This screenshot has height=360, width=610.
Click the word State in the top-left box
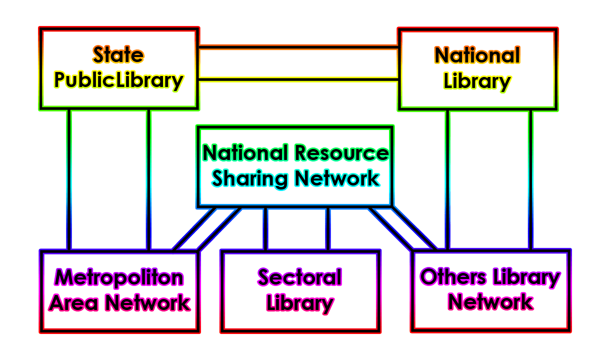tap(118, 54)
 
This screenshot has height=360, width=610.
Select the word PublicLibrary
tap(119, 80)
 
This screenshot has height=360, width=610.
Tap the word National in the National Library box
tap(477, 55)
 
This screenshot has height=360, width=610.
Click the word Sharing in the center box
tap(249, 178)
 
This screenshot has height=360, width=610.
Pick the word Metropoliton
tap(119, 277)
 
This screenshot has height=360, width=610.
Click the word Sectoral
tap(299, 277)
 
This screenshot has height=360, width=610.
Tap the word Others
tap(452, 277)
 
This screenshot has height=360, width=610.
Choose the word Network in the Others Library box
tap(490, 302)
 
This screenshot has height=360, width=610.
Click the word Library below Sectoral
tap(299, 303)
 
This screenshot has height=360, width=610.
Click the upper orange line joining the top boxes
tap(298, 48)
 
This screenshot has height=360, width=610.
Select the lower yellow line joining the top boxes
tap(298, 78)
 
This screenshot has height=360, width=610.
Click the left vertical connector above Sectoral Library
tap(265, 228)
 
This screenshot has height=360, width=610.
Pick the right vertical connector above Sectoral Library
tap(328, 228)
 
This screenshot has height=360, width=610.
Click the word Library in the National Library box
tap(477, 81)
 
